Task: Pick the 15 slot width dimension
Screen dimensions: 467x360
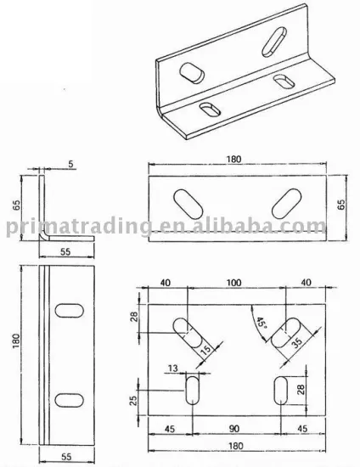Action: click(x=205, y=349)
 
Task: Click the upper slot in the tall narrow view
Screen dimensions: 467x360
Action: click(x=67, y=312)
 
